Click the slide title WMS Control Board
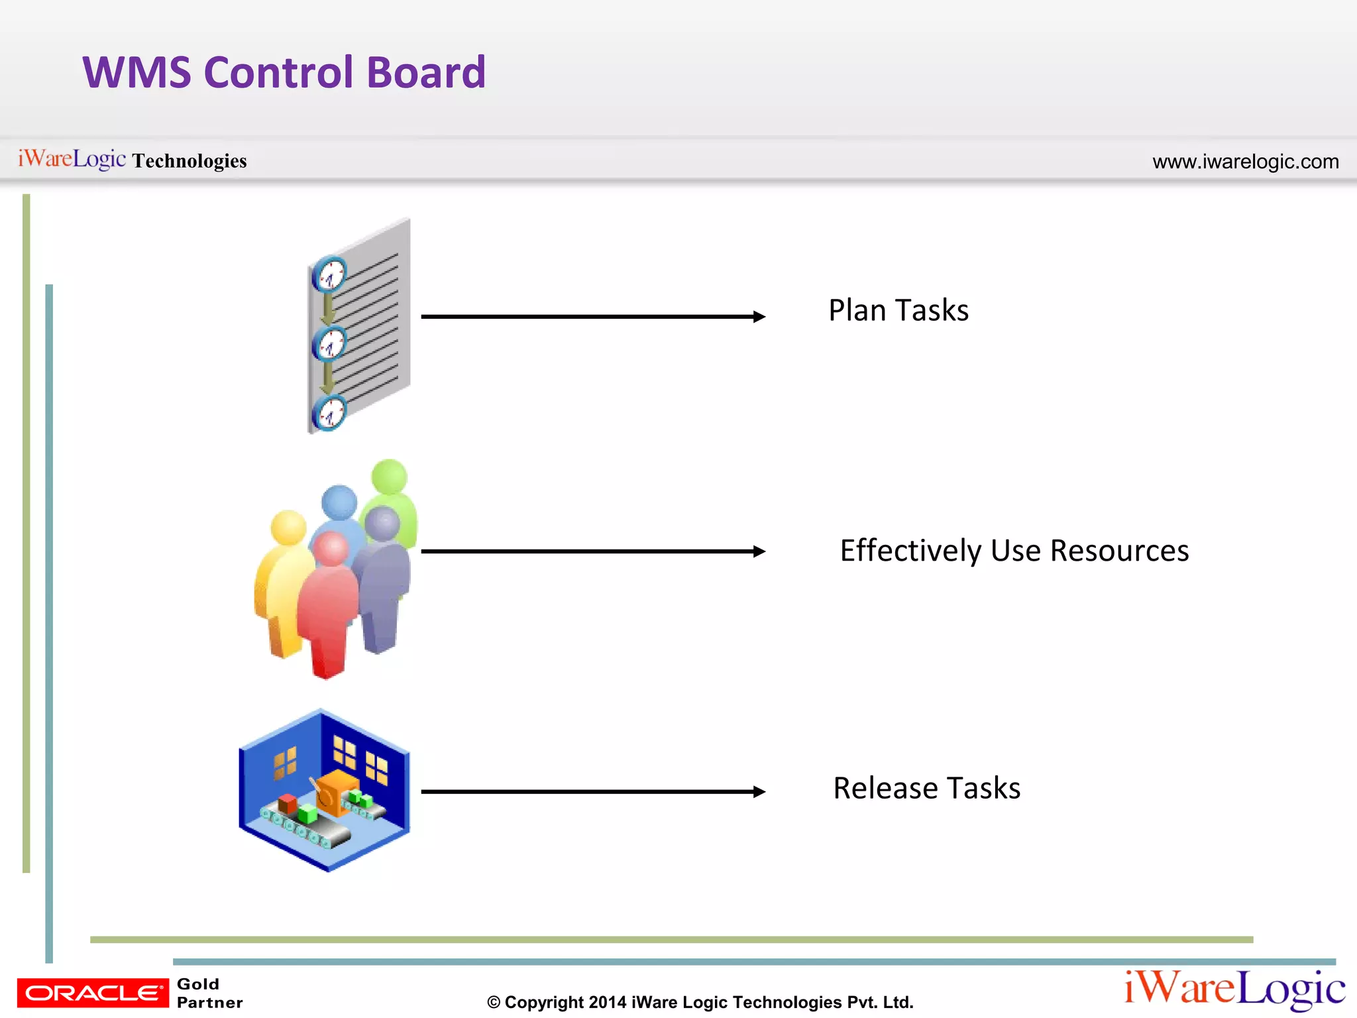(284, 72)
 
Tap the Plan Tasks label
(898, 310)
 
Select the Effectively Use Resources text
(1014, 551)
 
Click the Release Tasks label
(926, 788)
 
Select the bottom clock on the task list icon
(329, 414)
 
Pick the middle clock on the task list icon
(329, 344)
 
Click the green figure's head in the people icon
(389, 477)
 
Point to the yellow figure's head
(288, 528)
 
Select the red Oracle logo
(93, 993)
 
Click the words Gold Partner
(209, 993)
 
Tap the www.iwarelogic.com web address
(1245, 162)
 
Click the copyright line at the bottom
(700, 1002)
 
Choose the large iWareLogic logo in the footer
(1234, 989)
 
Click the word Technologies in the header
(190, 161)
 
